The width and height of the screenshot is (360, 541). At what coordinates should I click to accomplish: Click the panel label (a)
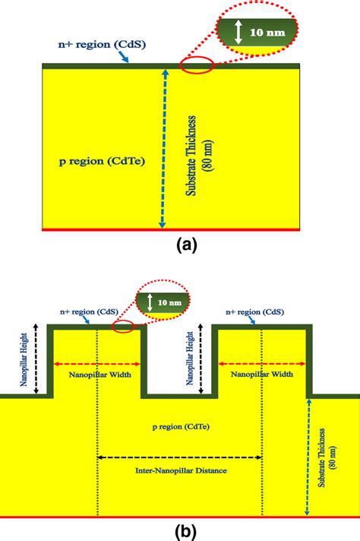coord(187,245)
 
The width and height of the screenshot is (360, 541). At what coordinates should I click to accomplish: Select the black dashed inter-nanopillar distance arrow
coord(180,457)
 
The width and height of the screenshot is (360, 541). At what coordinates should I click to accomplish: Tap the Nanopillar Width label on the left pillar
coord(97,375)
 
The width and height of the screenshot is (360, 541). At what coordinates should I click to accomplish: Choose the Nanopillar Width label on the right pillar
coord(261,375)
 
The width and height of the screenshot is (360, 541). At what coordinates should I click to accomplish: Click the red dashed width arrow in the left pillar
coord(97,363)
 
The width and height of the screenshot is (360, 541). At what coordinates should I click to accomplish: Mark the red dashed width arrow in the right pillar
coord(261,363)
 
